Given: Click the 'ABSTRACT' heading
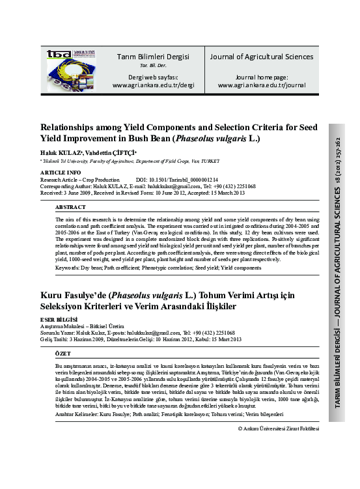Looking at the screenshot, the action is [x=70, y=206].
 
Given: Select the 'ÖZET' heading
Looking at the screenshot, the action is [x=63, y=352].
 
